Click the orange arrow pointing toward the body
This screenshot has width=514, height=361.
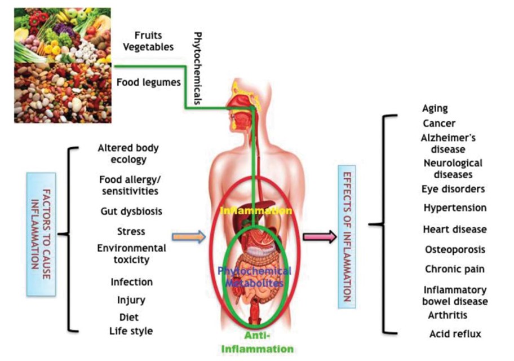coord(189,236)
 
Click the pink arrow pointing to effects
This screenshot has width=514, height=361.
coord(320,236)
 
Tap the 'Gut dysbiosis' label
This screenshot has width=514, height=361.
coord(131,212)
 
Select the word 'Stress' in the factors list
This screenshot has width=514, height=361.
coord(131,231)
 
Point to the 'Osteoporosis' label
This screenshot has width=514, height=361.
coord(455,250)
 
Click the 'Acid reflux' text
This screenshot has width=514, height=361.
coord(455,334)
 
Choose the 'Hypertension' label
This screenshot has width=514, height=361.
coord(455,208)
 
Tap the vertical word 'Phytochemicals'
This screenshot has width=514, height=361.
coord(198,68)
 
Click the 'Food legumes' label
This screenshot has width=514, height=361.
coord(148,82)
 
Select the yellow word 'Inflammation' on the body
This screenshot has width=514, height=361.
coord(256,210)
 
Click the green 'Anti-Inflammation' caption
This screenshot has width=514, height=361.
coord(258,342)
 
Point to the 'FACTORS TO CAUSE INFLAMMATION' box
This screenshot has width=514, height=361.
coord(41,234)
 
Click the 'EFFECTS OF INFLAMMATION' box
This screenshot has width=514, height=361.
coord(347,236)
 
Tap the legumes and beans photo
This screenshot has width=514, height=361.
coord(63,93)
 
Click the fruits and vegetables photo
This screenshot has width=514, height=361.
coord(63,35)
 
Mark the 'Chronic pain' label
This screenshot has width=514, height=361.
coord(455,270)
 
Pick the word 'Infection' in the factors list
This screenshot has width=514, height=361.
coord(131,282)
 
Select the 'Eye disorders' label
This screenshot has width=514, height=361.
coord(453,190)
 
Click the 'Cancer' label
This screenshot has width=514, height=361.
coord(439,124)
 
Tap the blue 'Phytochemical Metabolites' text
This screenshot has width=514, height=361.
coord(255,276)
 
